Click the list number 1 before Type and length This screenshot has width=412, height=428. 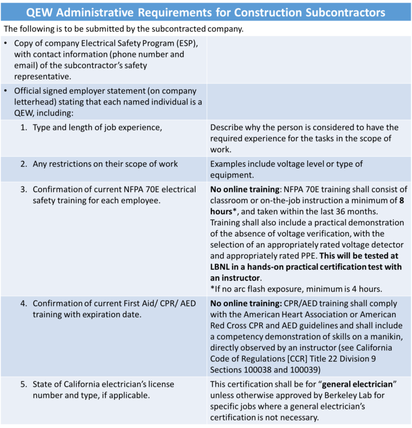pyautogui.click(x=24, y=127)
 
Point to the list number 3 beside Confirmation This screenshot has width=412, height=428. pyautogui.click(x=24, y=189)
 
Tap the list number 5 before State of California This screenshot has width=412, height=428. pyautogui.click(x=24, y=385)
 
